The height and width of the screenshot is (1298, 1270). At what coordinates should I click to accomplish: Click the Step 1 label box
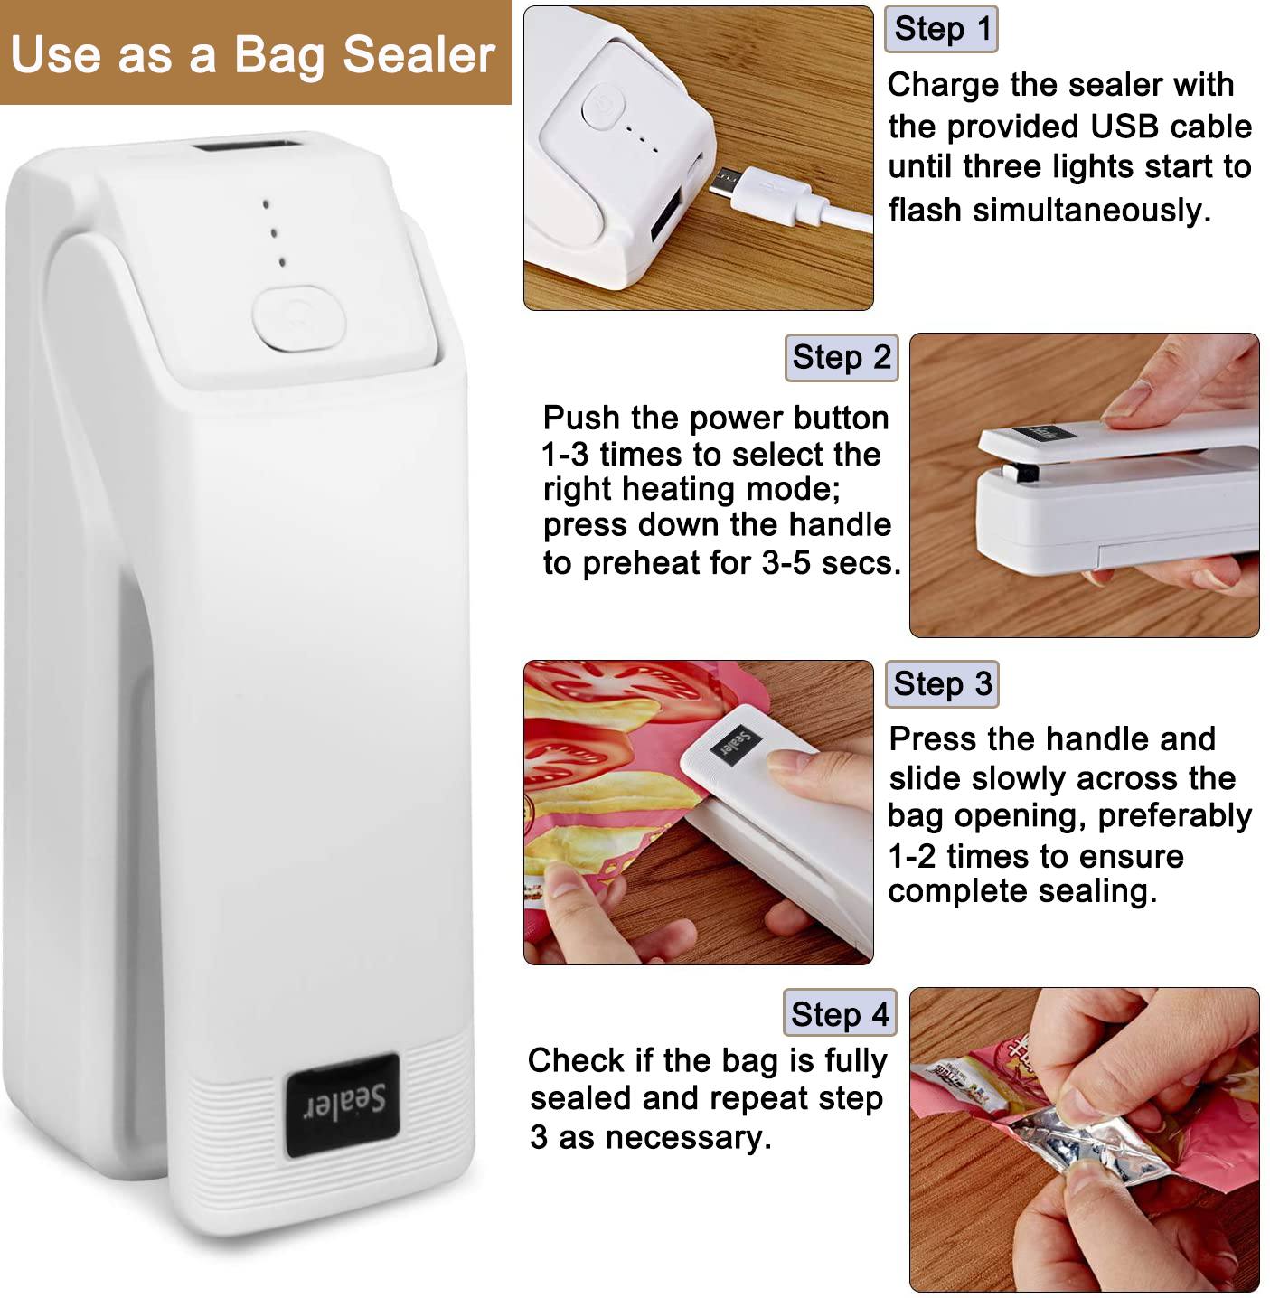pos(940,29)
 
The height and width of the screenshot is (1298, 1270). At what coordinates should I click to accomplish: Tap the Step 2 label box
pos(842,358)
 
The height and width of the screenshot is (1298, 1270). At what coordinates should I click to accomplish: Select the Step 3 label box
pos(942,683)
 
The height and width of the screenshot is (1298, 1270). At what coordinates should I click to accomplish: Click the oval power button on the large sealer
pos(299,319)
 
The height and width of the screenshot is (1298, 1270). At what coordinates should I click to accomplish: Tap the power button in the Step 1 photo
pos(602,106)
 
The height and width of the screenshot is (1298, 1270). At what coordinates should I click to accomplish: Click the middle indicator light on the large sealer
pos(274,233)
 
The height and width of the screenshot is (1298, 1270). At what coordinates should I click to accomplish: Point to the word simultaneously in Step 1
pos(1092,211)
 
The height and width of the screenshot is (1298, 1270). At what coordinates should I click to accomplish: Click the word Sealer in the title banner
pos(419,55)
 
